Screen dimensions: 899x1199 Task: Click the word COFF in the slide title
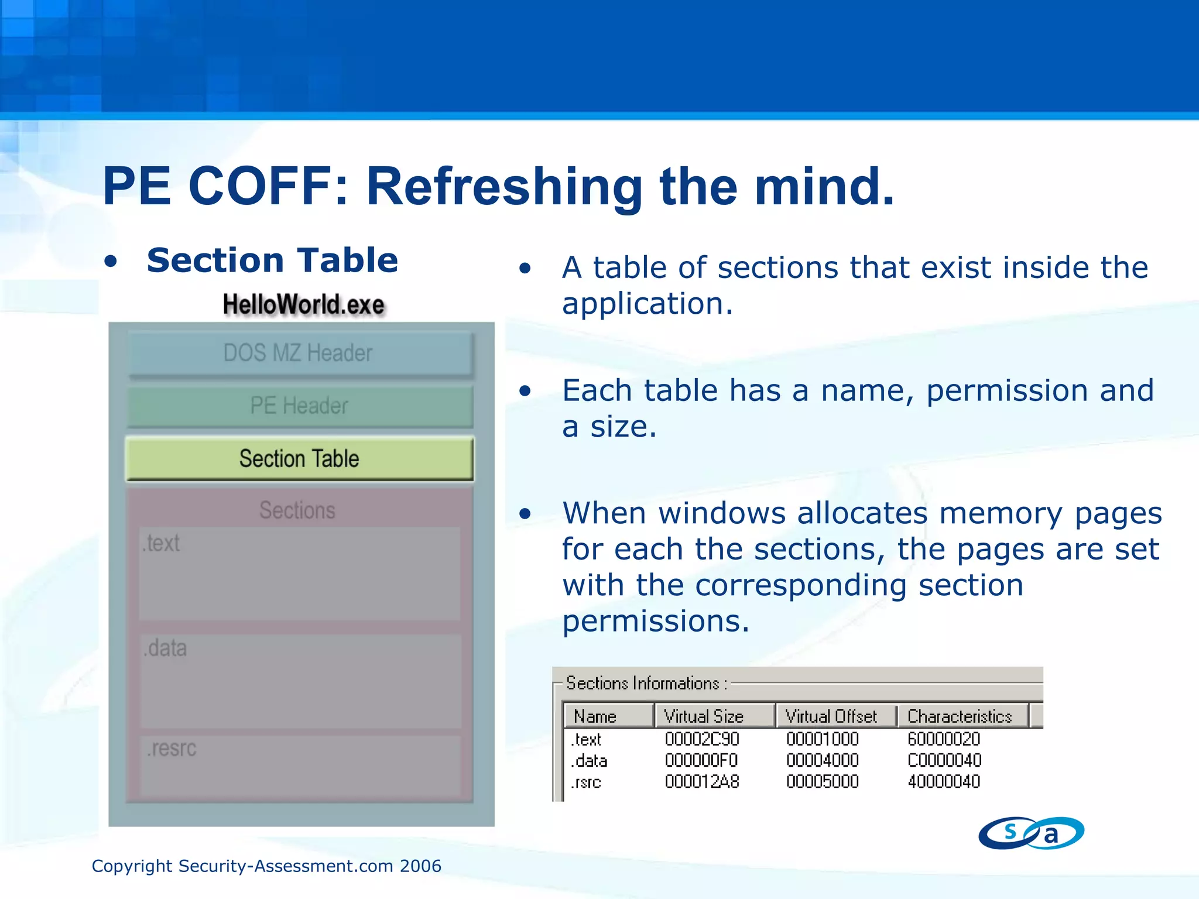268,186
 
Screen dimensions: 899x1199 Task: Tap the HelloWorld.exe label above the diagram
303,305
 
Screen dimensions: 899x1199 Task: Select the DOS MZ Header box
299,354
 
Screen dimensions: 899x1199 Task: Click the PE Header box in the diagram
299,406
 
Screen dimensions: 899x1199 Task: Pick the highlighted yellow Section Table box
299,459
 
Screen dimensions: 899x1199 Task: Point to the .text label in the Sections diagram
161,544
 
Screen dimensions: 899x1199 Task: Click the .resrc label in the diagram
172,749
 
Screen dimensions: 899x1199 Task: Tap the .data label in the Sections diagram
166,648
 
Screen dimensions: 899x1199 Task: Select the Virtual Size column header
704,716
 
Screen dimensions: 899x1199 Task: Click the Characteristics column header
960,716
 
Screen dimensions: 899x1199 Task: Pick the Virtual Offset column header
831,716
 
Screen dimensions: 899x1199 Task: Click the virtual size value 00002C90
702,739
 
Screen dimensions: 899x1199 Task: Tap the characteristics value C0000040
944,760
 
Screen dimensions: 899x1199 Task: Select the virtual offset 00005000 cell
823,782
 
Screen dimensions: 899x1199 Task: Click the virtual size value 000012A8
702,782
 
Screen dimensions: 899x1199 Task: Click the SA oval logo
1031,833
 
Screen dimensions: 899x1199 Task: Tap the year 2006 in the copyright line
420,866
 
